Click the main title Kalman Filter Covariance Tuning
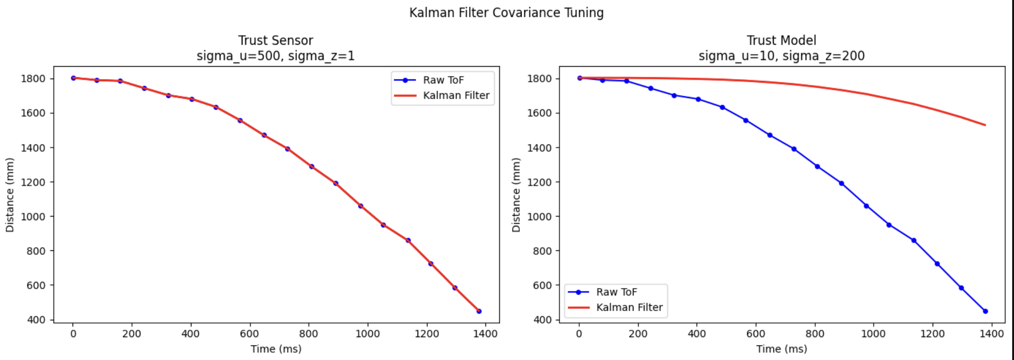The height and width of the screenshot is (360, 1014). [506, 13]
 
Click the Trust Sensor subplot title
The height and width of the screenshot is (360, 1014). [275, 41]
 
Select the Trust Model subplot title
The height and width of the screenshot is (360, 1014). [781, 41]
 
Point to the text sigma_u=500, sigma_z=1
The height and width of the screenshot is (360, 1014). [275, 56]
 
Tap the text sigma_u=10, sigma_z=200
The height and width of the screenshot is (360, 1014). [781, 56]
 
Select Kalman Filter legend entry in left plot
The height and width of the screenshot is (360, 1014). [456, 95]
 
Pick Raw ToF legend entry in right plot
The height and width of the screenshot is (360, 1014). [616, 292]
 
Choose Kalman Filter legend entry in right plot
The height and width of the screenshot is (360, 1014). [629, 307]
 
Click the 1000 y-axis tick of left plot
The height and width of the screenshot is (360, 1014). [33, 217]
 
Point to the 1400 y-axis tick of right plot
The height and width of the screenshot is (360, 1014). [539, 148]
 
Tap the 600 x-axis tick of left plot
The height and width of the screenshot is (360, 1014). [249, 334]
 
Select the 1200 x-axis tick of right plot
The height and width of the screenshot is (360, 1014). [932, 334]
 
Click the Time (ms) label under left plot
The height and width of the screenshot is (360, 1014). [276, 349]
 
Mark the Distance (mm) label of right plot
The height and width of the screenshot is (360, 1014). [516, 195]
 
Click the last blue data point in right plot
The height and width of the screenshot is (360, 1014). [985, 311]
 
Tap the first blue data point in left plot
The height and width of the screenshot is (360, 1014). [73, 78]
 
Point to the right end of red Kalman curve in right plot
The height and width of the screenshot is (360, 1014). [985, 125]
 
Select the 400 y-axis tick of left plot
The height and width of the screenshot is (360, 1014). [36, 320]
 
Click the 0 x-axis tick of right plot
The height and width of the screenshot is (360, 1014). [579, 334]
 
